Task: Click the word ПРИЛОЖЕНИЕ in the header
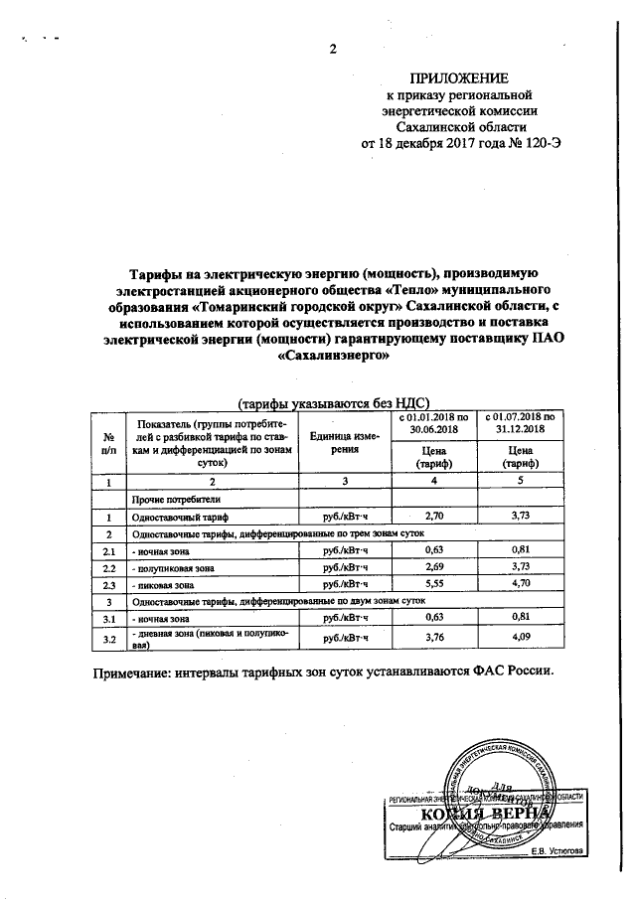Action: (459, 78)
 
